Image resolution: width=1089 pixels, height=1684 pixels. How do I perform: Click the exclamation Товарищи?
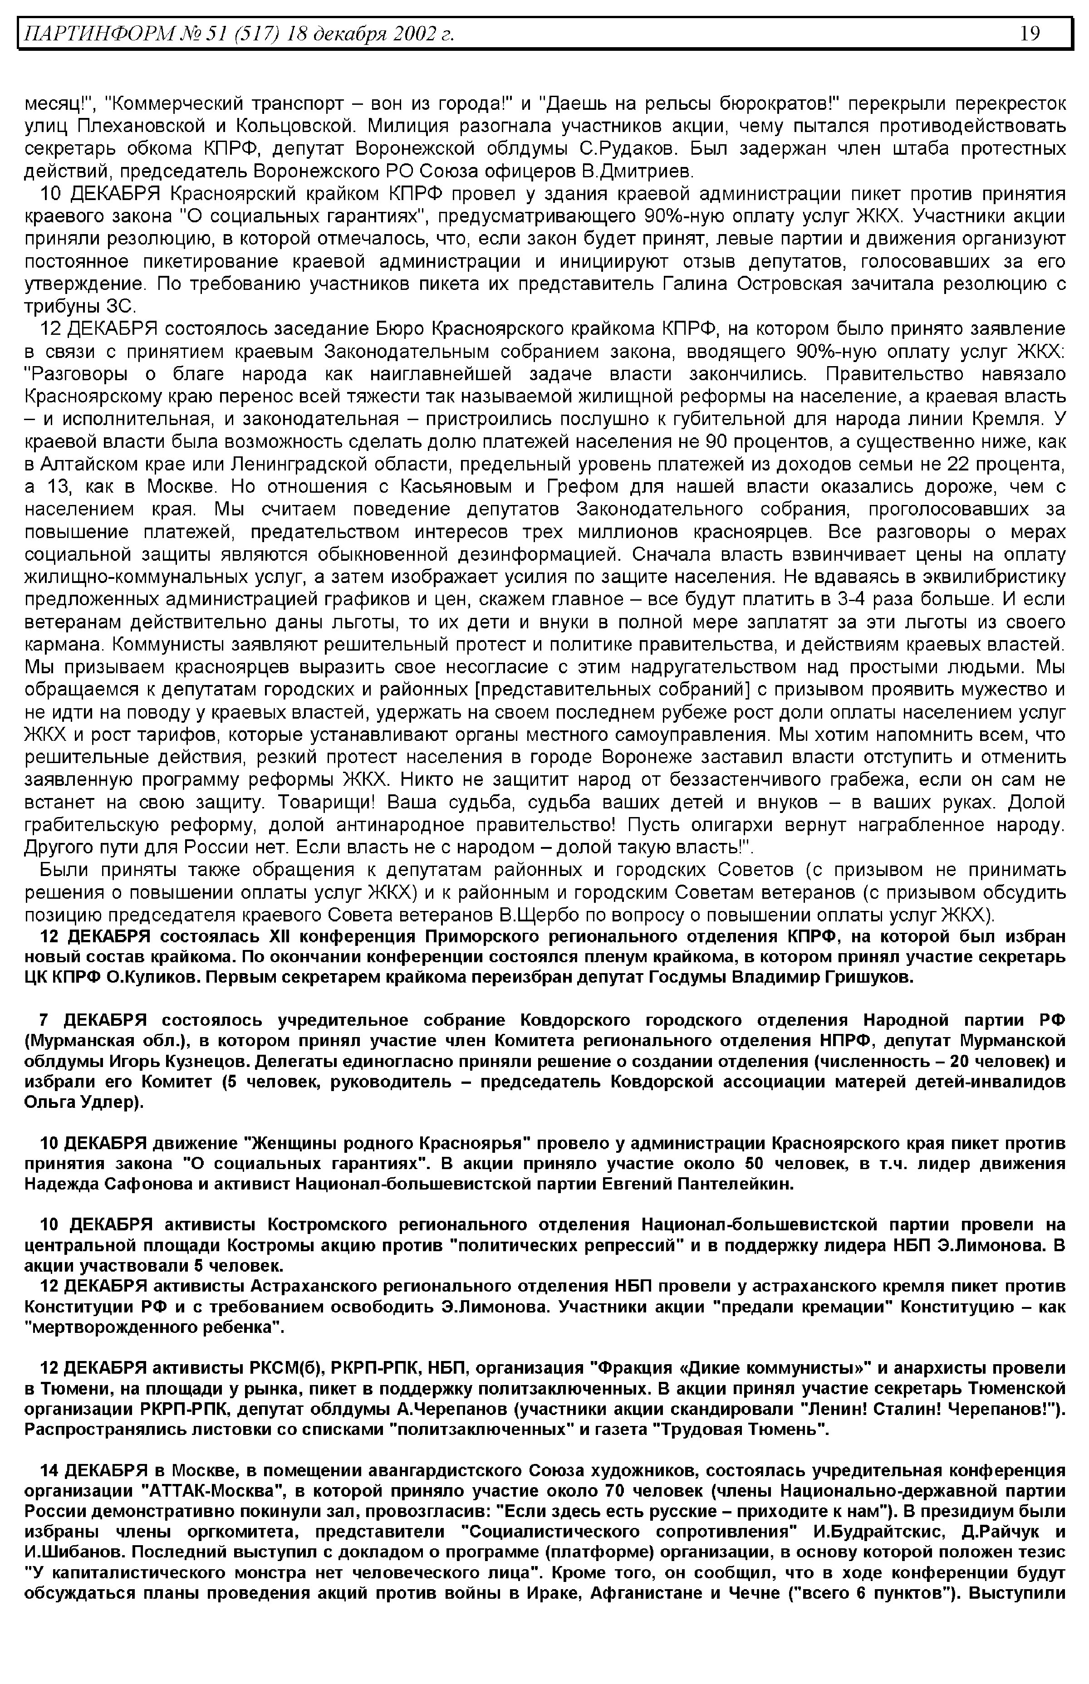(x=330, y=803)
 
